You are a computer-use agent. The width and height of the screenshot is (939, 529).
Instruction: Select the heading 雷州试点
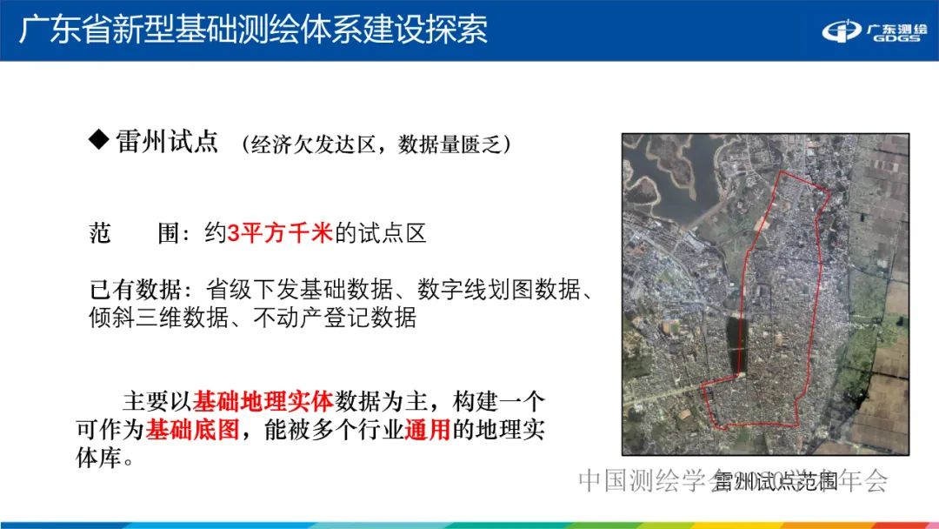pos(167,142)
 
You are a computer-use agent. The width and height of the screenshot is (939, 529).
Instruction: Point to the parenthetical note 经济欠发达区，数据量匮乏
pos(376,144)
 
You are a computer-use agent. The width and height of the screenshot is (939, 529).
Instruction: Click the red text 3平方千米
pos(280,233)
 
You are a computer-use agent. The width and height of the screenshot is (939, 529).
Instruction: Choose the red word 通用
pos(427,430)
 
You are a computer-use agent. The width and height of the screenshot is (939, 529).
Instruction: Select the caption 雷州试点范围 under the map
pos(776,481)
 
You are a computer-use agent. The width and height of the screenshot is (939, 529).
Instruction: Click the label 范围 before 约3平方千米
pos(123,233)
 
